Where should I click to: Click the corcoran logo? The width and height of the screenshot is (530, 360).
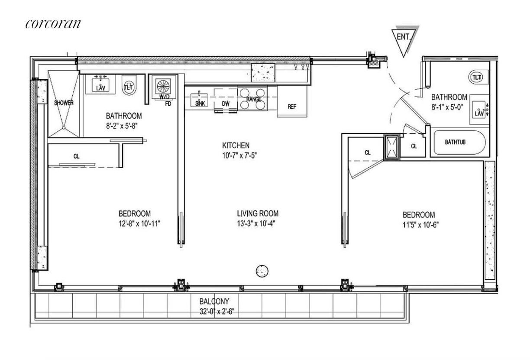coord(53,23)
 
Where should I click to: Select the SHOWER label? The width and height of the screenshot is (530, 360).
coord(64,103)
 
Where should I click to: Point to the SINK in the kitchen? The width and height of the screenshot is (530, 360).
coord(200,99)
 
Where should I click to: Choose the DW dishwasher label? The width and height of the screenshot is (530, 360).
coord(226,104)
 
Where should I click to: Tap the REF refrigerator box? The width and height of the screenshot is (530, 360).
coord(292,106)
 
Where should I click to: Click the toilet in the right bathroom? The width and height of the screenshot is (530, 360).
coord(477,77)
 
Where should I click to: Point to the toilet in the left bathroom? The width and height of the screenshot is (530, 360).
coord(129,86)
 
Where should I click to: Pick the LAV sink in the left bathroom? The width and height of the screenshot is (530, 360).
coord(100,85)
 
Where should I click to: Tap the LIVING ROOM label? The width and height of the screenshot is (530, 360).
coord(258,214)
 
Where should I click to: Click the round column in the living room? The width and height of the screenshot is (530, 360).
coord(262,271)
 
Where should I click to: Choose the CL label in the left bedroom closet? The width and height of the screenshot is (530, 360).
coord(76,156)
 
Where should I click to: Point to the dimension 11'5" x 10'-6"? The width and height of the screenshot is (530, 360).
coord(419,225)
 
